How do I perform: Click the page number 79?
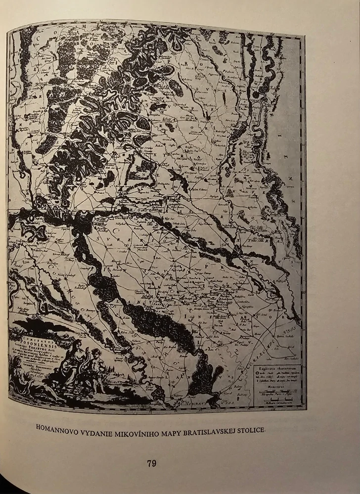151,463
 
